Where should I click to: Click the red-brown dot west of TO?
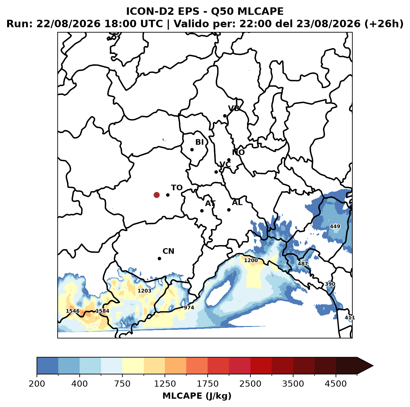[x=157, y=195]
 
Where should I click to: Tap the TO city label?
[x=177, y=188]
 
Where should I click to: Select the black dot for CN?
[x=159, y=258]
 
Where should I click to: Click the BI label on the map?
[x=199, y=142]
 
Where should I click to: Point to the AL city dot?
[x=229, y=210]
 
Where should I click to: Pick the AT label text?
[x=210, y=204]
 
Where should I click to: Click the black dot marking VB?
[x=225, y=116]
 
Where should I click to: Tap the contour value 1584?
[x=102, y=311]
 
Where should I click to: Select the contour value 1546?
[x=73, y=311]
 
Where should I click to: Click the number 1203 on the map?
[x=144, y=291]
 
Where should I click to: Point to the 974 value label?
[x=189, y=307]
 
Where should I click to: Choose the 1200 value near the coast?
[x=251, y=260]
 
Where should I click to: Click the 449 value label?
[x=335, y=226]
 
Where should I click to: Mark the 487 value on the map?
[x=303, y=264]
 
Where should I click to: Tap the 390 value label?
[x=330, y=284]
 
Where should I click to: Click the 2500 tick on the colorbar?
[x=250, y=383]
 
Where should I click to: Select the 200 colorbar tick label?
[x=37, y=383]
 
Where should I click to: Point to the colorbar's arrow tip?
[x=373, y=366]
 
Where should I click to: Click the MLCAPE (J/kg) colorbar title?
[x=197, y=396]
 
